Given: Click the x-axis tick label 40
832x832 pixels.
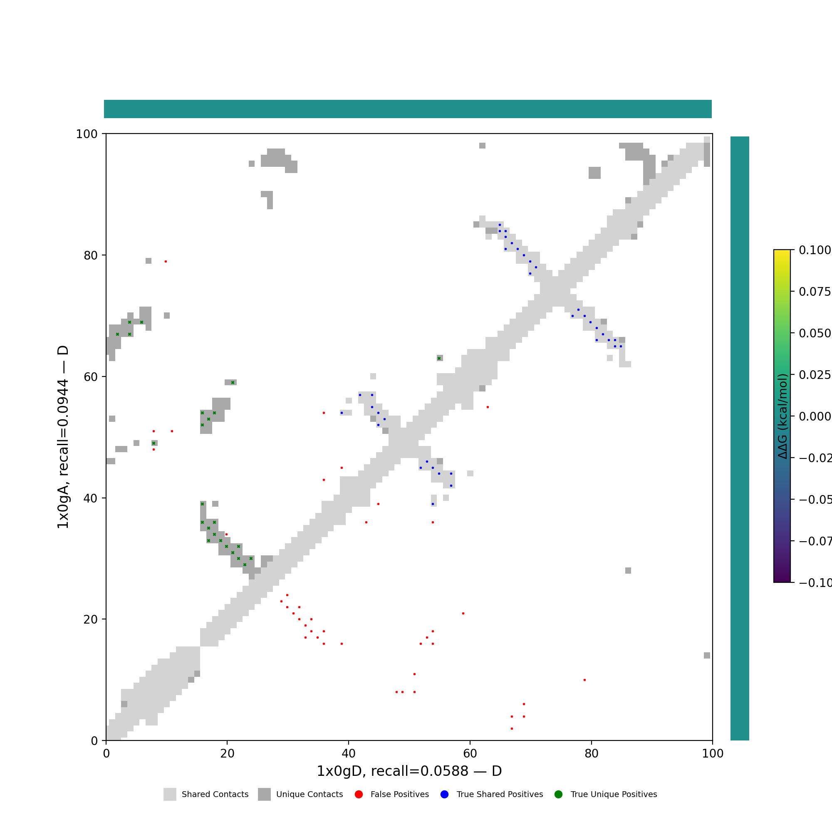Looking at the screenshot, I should (x=348, y=754).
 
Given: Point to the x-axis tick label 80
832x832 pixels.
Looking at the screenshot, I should (x=591, y=754).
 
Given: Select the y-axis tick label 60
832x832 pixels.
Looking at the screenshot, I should (x=90, y=377).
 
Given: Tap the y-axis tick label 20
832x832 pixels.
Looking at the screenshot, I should (x=90, y=620).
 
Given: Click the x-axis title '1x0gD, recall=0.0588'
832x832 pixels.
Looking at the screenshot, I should (x=409, y=771).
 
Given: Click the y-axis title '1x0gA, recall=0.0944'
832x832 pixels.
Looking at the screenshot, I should (x=63, y=437).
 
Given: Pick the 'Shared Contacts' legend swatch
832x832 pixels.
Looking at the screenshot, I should (x=170, y=795).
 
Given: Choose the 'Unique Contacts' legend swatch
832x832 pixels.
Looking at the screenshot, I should (x=265, y=795).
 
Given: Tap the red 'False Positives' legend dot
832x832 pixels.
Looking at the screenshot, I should (x=359, y=795).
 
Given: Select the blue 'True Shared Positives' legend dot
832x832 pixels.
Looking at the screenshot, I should (x=444, y=795).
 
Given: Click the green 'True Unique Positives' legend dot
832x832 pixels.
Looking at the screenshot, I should (x=559, y=795).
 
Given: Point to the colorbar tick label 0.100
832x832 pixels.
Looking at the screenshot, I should (x=815, y=250).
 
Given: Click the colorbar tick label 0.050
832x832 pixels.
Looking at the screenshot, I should (x=815, y=333).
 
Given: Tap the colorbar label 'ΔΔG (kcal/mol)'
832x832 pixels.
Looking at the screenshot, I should (x=782, y=416).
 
